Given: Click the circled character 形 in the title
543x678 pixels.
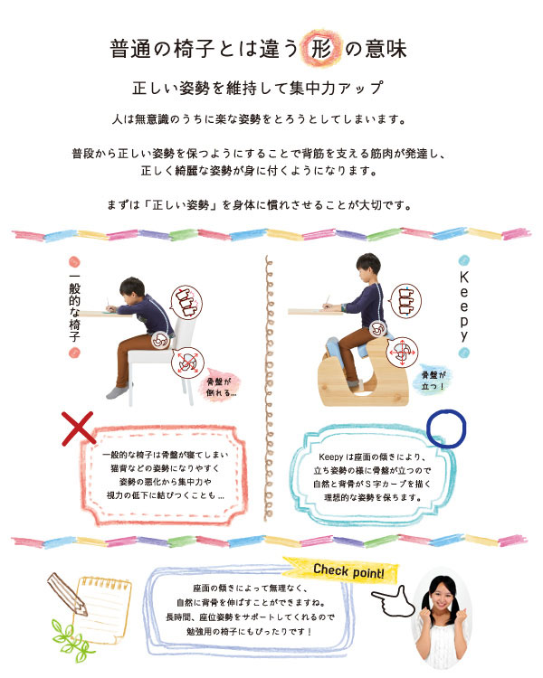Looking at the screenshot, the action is pos(321,48).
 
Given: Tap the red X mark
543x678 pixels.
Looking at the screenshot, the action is pos(78,428).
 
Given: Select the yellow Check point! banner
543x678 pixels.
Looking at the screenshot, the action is pos(341,570).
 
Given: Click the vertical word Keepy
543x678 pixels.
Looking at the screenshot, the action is pos(463,306).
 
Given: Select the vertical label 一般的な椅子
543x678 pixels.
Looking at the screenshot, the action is pos(74,307).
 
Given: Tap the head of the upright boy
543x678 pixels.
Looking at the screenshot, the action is pos(368,266).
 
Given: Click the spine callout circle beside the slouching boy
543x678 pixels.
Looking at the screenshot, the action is pos(187,301).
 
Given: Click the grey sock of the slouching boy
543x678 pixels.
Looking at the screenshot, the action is pos(117,391).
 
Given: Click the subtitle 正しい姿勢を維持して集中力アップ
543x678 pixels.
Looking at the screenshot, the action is pos(259,88).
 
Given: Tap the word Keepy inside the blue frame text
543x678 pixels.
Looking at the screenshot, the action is pos(331,457).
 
